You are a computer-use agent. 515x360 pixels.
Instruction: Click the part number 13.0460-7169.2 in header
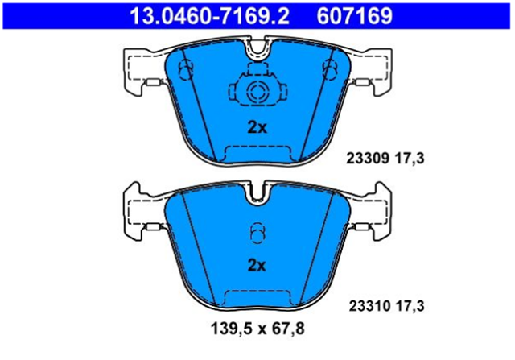click(209, 16)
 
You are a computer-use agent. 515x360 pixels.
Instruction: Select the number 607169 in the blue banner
click(354, 16)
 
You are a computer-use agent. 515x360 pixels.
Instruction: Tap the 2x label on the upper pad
click(257, 127)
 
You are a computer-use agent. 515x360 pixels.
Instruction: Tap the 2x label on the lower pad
click(257, 265)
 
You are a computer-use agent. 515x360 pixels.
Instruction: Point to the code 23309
click(368, 159)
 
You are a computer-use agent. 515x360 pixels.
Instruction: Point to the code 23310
click(370, 306)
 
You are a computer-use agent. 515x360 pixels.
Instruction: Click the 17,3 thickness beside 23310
click(410, 306)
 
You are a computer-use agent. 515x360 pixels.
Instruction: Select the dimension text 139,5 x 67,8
click(257, 329)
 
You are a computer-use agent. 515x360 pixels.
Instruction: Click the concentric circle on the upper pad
click(257, 90)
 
